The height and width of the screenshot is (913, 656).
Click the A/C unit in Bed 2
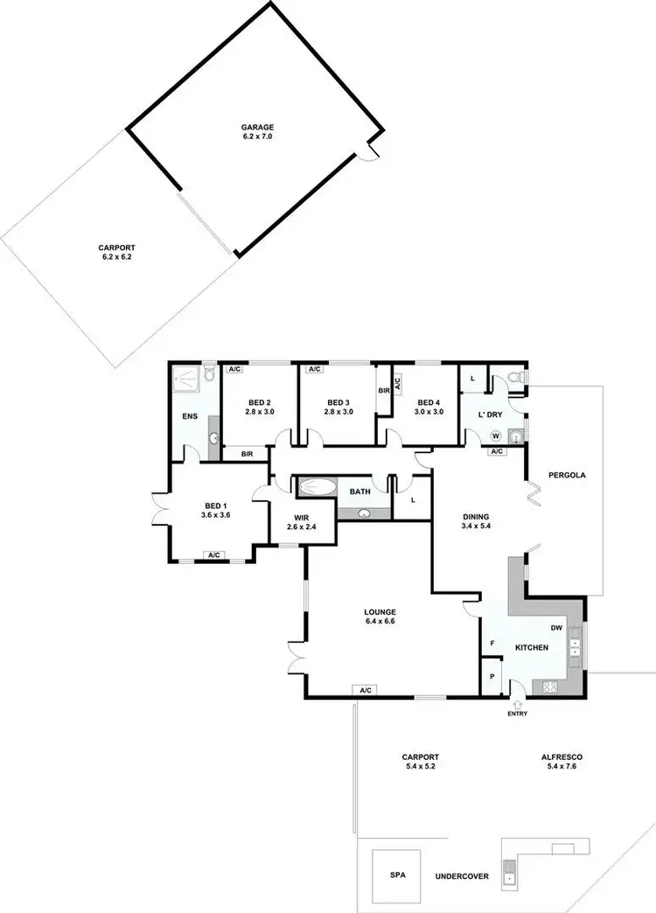(234, 370)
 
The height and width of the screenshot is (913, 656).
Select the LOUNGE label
(380, 611)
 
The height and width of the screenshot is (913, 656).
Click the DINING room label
(476, 517)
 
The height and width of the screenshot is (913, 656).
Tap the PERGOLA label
(566, 476)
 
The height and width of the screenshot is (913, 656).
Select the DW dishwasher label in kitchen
(556, 627)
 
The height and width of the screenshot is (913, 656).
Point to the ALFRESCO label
(562, 756)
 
